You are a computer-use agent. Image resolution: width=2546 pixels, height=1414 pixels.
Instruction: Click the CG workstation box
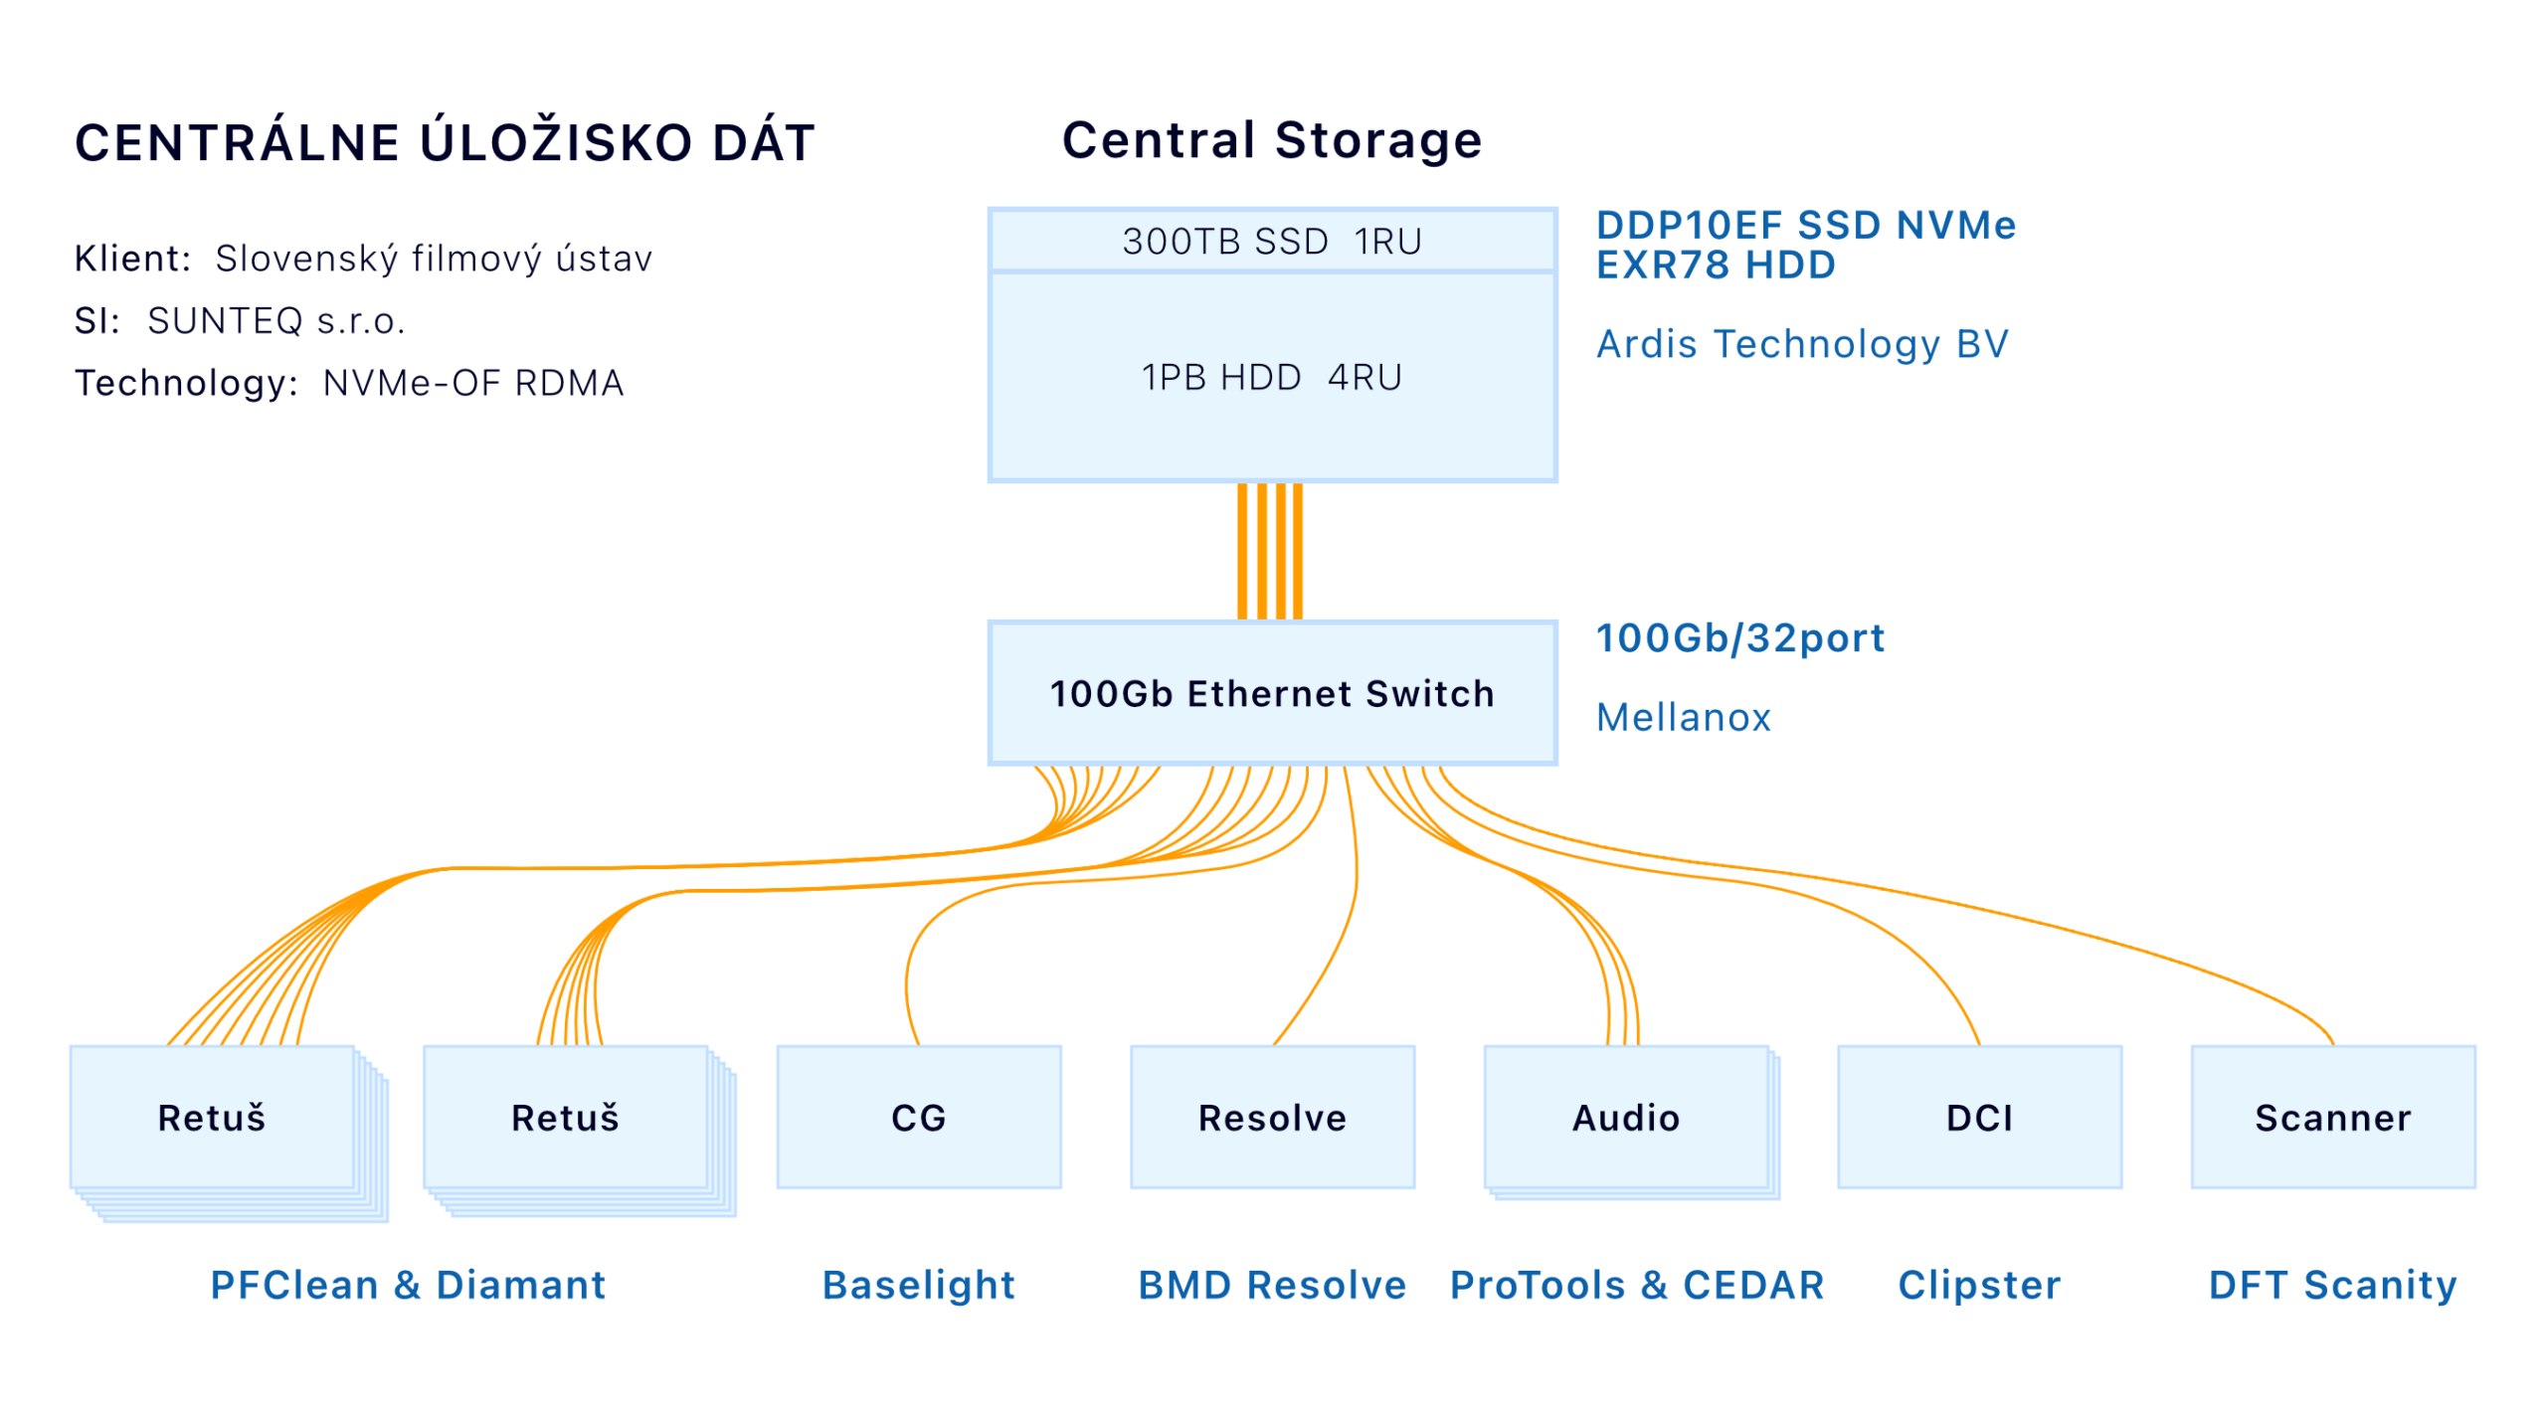tap(918, 1116)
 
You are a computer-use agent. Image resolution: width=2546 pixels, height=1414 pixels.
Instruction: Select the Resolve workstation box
tap(1272, 1116)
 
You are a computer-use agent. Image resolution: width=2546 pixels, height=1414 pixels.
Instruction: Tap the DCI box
tap(1979, 1116)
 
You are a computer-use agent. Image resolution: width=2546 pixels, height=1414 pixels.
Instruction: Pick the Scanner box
tap(2332, 1116)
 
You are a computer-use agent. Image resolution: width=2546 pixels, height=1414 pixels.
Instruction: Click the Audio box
tap(1626, 1116)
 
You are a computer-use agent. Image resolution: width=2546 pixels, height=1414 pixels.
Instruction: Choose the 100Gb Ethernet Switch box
tap(1272, 692)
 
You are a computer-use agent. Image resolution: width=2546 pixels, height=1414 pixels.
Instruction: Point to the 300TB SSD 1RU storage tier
tap(1272, 240)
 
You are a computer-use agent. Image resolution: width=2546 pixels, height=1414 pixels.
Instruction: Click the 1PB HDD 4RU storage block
tap(1272, 377)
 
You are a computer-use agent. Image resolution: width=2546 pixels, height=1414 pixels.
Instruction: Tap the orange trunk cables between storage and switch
tap(1270, 552)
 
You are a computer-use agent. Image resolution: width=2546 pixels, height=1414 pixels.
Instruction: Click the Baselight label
tap(918, 1285)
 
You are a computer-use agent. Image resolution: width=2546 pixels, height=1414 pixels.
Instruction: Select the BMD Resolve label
tap(1272, 1285)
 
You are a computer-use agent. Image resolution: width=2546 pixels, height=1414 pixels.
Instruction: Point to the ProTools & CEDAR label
tap(1637, 1285)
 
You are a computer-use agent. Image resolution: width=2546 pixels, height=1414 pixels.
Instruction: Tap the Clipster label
tap(1979, 1285)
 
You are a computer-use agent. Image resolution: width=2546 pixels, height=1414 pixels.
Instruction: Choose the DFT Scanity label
tap(2332, 1285)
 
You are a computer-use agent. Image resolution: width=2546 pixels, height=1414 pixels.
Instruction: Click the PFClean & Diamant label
tap(408, 1285)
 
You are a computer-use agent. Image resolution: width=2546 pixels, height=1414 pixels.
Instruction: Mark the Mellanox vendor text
tap(1683, 717)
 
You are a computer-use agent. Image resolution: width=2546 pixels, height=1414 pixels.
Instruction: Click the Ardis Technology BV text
tap(1802, 344)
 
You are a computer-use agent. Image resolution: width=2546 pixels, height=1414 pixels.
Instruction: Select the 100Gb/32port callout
tap(1739, 637)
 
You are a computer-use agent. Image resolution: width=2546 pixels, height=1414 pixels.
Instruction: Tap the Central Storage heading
tap(1272, 139)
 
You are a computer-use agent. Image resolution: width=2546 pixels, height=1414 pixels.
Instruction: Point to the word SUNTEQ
tap(225, 320)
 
